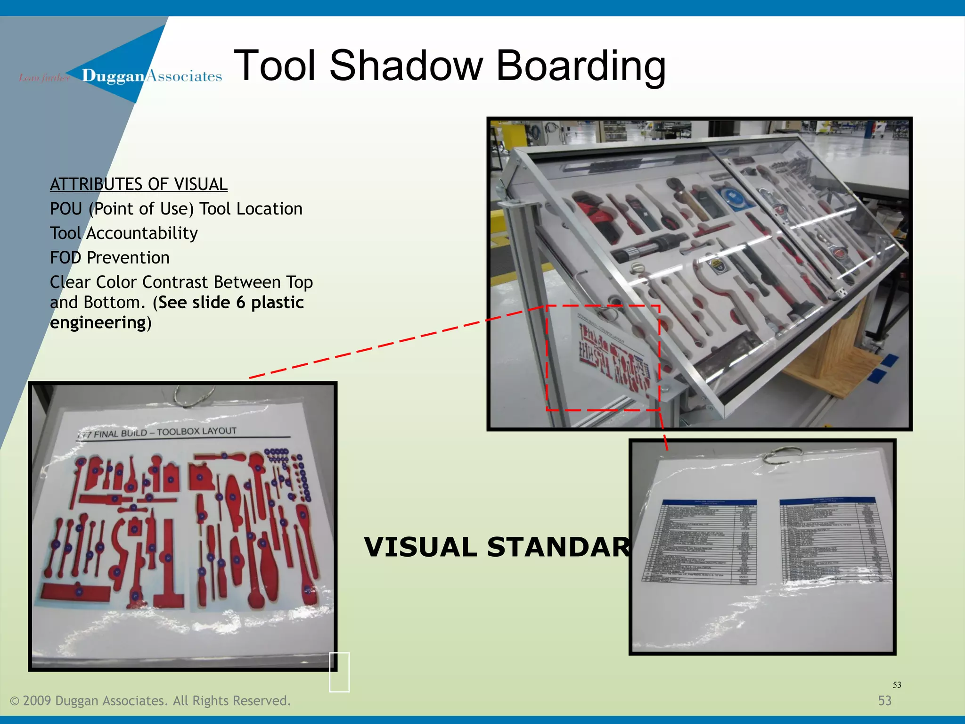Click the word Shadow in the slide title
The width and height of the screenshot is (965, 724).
(x=406, y=66)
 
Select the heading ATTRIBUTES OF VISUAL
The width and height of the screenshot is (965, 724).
(x=139, y=184)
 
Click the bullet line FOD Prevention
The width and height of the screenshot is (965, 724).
(x=110, y=257)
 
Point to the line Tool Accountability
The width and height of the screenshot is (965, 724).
(x=124, y=233)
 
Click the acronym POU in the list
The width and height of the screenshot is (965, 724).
(x=66, y=208)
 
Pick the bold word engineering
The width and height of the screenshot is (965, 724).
(x=98, y=322)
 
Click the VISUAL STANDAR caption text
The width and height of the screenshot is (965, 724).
(x=497, y=547)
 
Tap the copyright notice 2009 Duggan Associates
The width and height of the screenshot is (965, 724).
(x=150, y=700)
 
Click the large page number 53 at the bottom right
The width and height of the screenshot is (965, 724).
(x=884, y=700)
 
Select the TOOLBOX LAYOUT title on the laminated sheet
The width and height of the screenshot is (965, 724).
(x=196, y=431)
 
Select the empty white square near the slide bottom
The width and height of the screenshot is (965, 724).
(x=339, y=672)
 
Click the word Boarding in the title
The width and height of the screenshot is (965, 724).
(x=581, y=66)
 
